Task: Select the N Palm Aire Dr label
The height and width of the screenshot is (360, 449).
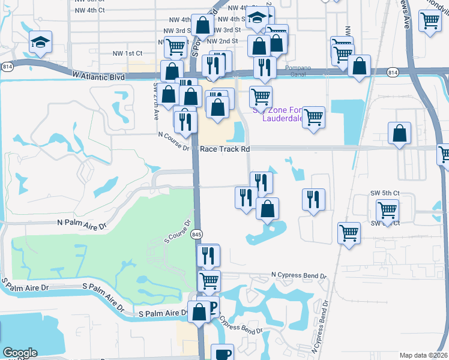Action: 81,223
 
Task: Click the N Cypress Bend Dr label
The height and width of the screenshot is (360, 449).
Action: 298,275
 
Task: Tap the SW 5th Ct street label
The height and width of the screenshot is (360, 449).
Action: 384,193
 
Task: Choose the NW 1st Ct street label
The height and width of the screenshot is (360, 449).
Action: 127,53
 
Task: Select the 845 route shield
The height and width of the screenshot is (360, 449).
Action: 196,235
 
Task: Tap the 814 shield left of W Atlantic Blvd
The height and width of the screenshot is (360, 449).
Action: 8,65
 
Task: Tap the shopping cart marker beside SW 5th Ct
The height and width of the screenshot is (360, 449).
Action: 388,210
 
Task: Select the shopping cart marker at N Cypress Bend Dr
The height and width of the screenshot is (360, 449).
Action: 209,280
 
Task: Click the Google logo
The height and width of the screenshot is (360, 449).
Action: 20,353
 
